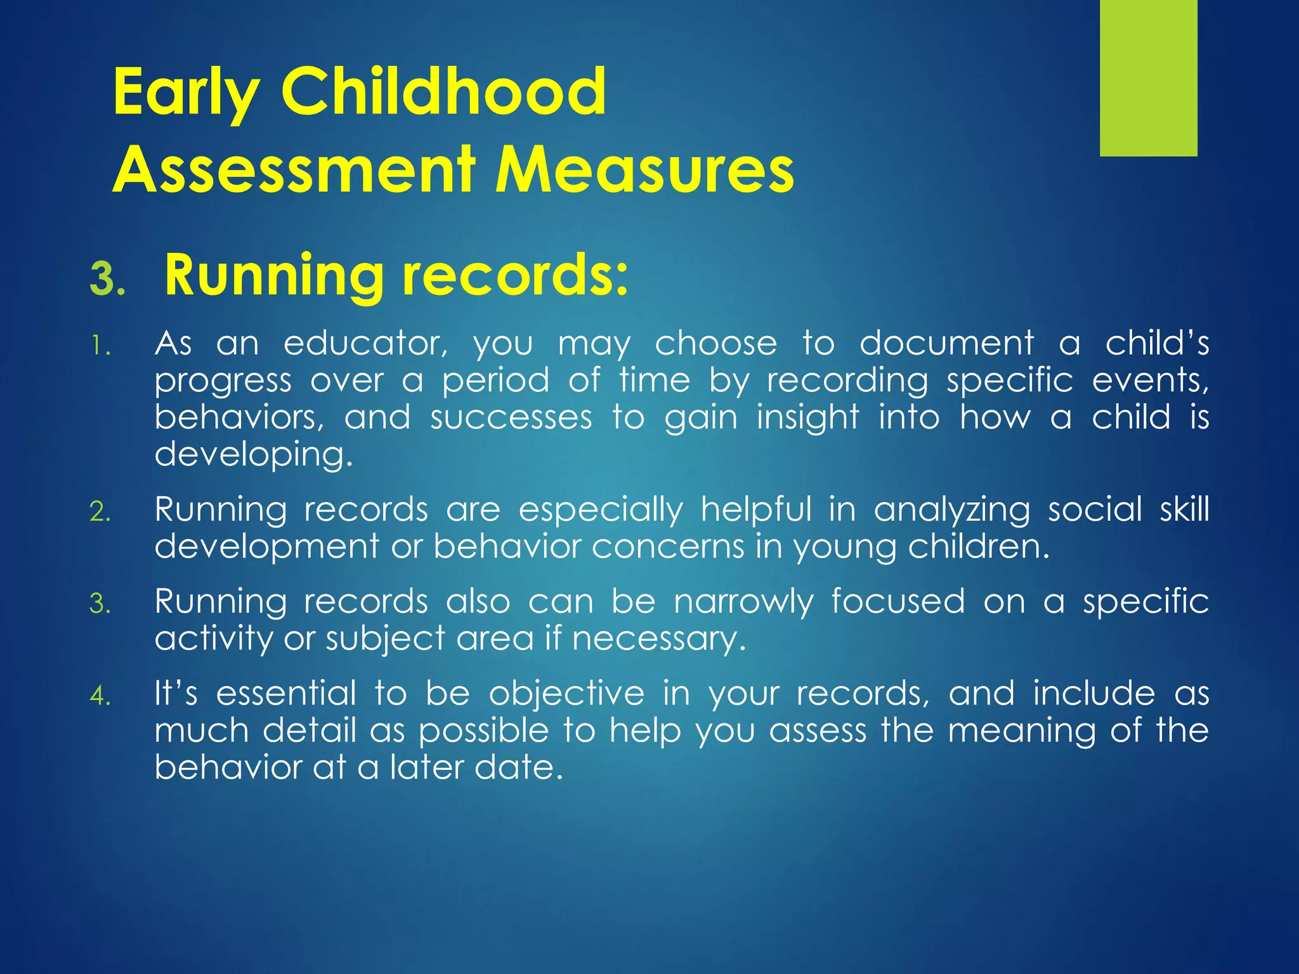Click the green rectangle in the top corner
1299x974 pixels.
tap(1148, 77)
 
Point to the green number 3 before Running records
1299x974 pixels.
tap(107, 280)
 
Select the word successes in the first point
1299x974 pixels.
tap(511, 418)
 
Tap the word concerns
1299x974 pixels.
tap(668, 547)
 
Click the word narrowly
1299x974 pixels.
tap(743, 602)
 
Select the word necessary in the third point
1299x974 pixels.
tap(658, 639)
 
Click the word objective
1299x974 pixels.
tap(566, 694)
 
